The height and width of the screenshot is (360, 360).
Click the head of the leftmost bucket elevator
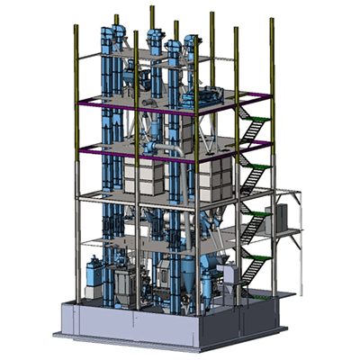(x=112, y=37)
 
